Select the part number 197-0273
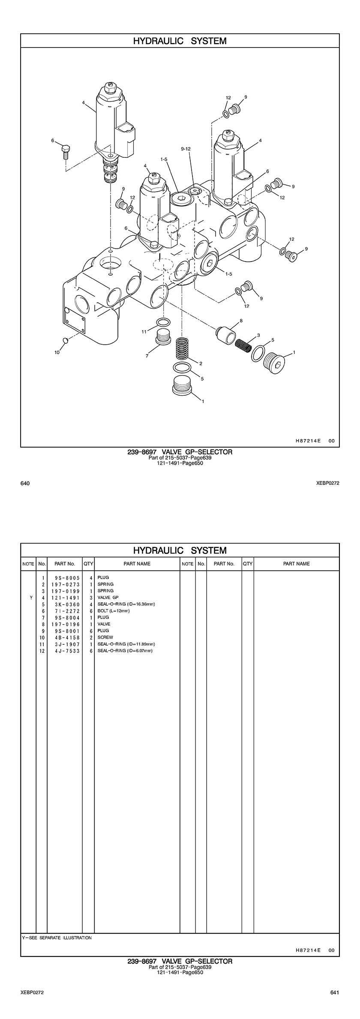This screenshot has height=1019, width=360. click(x=64, y=584)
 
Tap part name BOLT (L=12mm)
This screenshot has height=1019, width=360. click(x=114, y=611)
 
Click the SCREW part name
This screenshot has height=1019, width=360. click(x=105, y=637)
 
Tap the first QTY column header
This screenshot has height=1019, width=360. click(x=88, y=564)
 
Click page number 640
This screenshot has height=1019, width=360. click(x=25, y=484)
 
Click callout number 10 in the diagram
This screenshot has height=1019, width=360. click(x=57, y=352)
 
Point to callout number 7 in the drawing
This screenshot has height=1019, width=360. click(x=147, y=355)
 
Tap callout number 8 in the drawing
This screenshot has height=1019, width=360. click(x=241, y=320)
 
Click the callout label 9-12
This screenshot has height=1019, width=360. click(x=186, y=149)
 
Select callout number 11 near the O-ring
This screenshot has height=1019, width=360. click(x=144, y=331)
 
